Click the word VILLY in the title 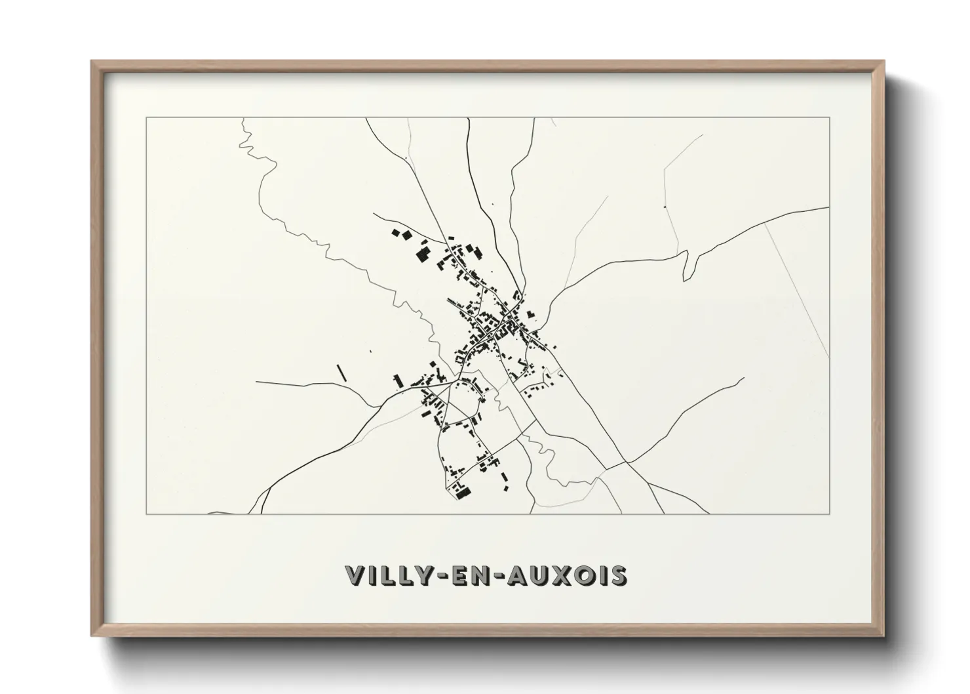(388, 575)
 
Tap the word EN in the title (470, 575)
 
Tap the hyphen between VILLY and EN (440, 576)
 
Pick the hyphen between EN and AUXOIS (499, 576)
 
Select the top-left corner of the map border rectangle (146, 118)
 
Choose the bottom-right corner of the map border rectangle (830, 514)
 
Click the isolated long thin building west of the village (341, 373)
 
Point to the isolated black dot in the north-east (665, 207)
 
